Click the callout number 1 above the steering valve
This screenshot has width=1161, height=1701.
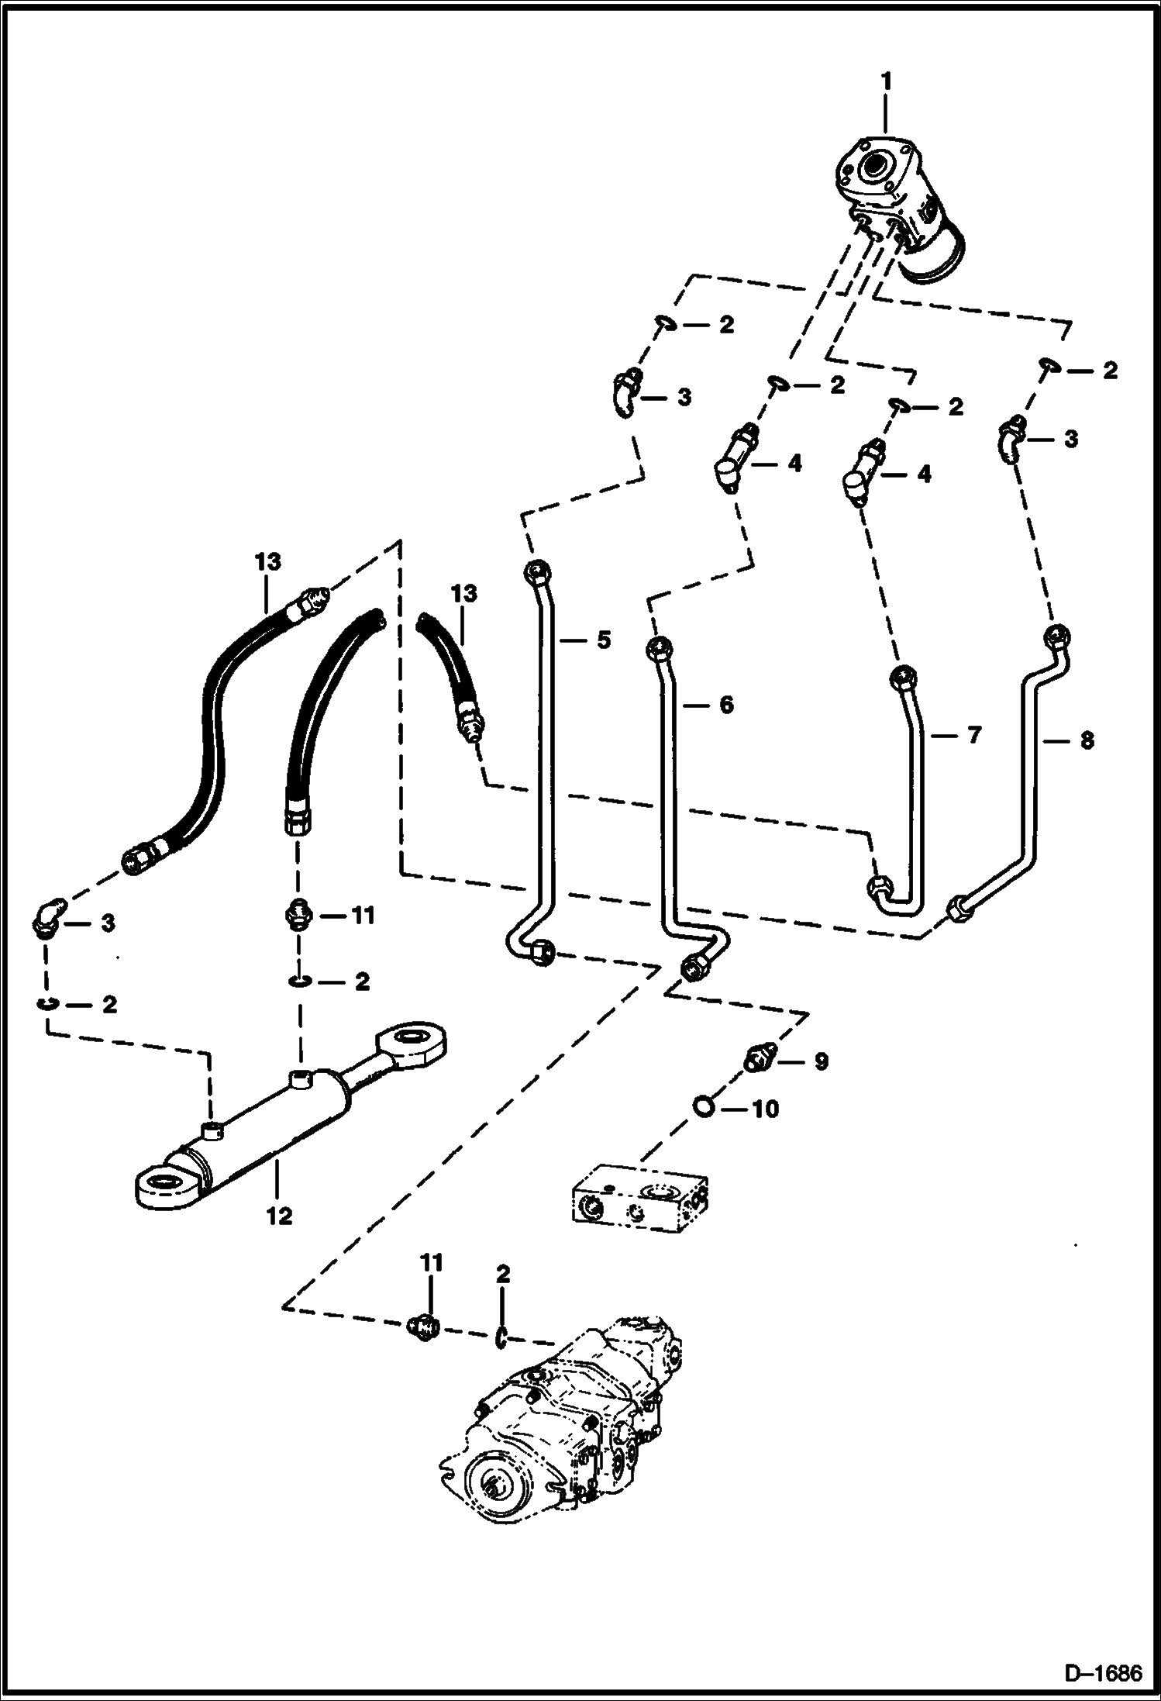pyautogui.click(x=886, y=81)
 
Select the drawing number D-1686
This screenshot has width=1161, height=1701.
pyautogui.click(x=1104, y=1674)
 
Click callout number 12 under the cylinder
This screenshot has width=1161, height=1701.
pyautogui.click(x=279, y=1216)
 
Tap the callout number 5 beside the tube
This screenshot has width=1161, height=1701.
pyautogui.click(x=603, y=640)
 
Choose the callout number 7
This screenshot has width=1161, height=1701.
pyautogui.click(x=973, y=734)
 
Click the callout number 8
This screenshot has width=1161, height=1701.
pyautogui.click(x=1087, y=740)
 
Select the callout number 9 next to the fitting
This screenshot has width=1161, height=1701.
pyautogui.click(x=820, y=1061)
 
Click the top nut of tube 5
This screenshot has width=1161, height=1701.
pyautogui.click(x=536, y=573)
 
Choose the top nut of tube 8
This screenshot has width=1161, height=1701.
pyautogui.click(x=1059, y=637)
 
